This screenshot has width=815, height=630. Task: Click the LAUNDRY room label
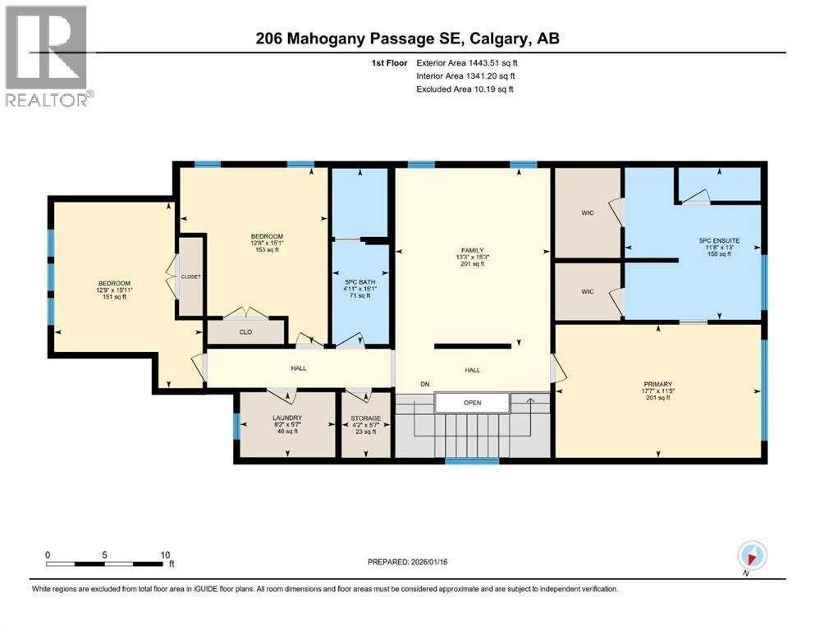point(287,418)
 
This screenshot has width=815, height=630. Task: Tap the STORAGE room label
point(366,418)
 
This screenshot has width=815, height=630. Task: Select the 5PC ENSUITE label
point(718,240)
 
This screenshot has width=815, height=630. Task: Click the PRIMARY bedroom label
point(658,384)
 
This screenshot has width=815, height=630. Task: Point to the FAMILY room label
point(472,250)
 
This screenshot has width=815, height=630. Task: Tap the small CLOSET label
point(191,276)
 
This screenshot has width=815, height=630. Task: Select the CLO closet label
point(245,333)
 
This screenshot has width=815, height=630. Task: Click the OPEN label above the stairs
point(472,403)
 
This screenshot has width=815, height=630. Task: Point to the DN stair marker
point(424,385)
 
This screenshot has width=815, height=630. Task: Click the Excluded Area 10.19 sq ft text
point(465,89)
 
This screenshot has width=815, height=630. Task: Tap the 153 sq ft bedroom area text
point(267,250)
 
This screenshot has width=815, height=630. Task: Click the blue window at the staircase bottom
point(472,461)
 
